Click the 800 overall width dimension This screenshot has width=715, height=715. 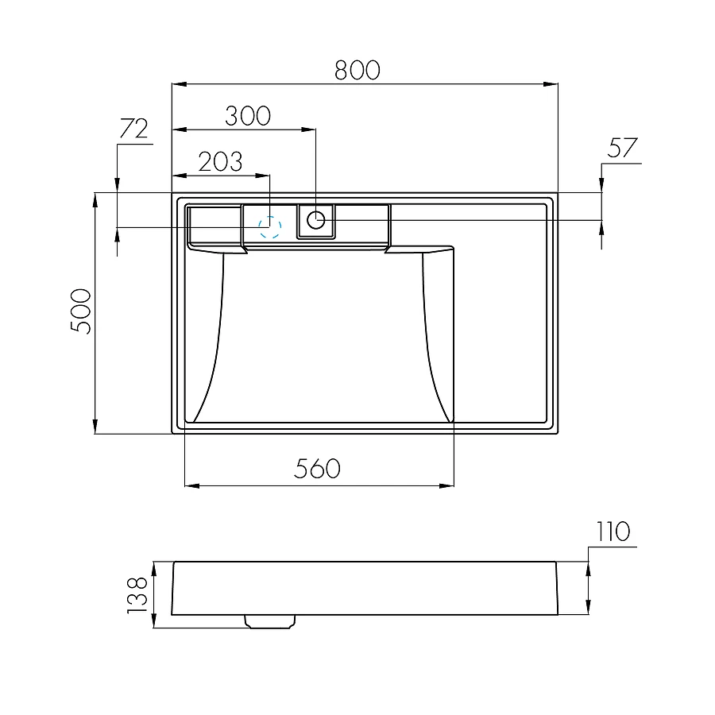pos(357,70)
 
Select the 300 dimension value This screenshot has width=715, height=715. pos(247,116)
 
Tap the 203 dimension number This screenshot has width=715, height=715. pos(220,161)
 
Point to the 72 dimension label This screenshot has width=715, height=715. pos(133,129)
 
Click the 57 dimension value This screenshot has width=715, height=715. pos(624,149)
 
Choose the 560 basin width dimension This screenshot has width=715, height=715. pos(317,469)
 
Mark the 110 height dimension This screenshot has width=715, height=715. pos(610,531)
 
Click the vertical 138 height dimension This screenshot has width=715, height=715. pos(137,594)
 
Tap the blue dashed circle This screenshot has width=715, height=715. pos(270,227)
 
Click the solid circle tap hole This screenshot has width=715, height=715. pos(316,219)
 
